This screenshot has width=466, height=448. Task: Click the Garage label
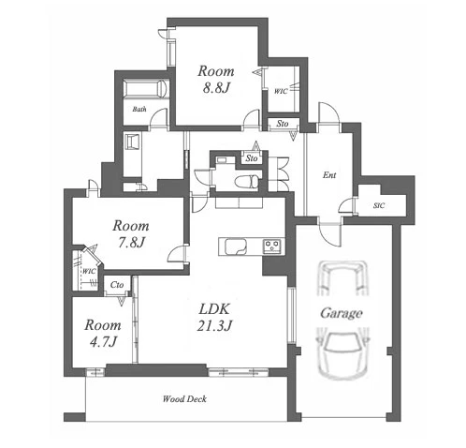click(x=342, y=313)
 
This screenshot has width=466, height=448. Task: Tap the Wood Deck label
click(x=184, y=399)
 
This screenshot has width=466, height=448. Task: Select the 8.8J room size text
click(x=216, y=88)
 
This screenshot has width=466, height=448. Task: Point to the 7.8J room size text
click(x=131, y=243)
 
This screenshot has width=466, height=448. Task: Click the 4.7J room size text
click(x=103, y=342)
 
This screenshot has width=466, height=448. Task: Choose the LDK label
click(x=214, y=309)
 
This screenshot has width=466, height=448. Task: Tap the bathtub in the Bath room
click(x=145, y=89)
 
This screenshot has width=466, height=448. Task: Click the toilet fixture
click(x=246, y=182)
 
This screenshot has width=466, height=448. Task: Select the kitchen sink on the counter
click(x=236, y=246)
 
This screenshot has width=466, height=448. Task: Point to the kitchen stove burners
click(x=273, y=246)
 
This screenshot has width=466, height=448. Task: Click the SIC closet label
click(x=379, y=205)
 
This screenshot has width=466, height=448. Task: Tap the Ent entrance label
click(x=329, y=175)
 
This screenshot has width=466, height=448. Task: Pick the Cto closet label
click(x=117, y=285)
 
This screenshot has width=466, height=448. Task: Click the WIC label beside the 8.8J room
click(x=281, y=91)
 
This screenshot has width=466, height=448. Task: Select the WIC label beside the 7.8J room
click(x=89, y=272)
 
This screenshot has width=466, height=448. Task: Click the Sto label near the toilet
click(x=252, y=158)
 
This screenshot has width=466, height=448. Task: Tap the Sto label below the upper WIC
click(x=283, y=124)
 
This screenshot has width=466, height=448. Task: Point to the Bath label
click(x=139, y=110)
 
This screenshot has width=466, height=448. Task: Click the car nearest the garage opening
click(x=342, y=354)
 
